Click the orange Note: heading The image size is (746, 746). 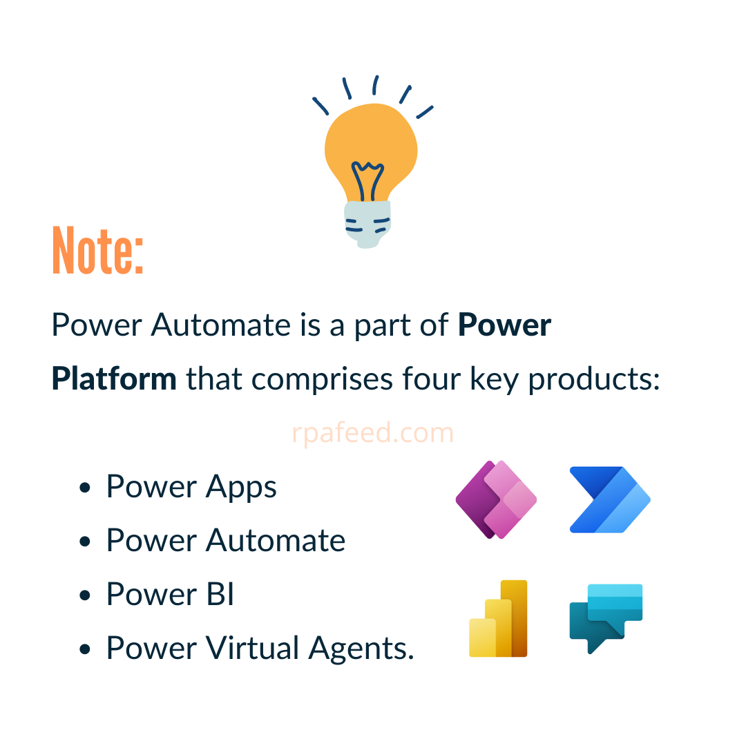click(97, 251)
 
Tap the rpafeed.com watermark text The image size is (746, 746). click(373, 433)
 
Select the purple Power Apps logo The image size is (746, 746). click(496, 499)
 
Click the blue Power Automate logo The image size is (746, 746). click(610, 499)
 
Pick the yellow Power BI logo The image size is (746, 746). click(498, 619)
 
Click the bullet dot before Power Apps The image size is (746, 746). click(86, 488)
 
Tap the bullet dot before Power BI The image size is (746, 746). click(86, 595)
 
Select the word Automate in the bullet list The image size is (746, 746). click(276, 540)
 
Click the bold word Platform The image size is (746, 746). click(114, 379)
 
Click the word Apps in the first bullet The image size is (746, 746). click(241, 488)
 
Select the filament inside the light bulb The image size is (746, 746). click(367, 181)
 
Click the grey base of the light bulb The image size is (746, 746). click(367, 222)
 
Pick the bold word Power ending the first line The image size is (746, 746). click(505, 325)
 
